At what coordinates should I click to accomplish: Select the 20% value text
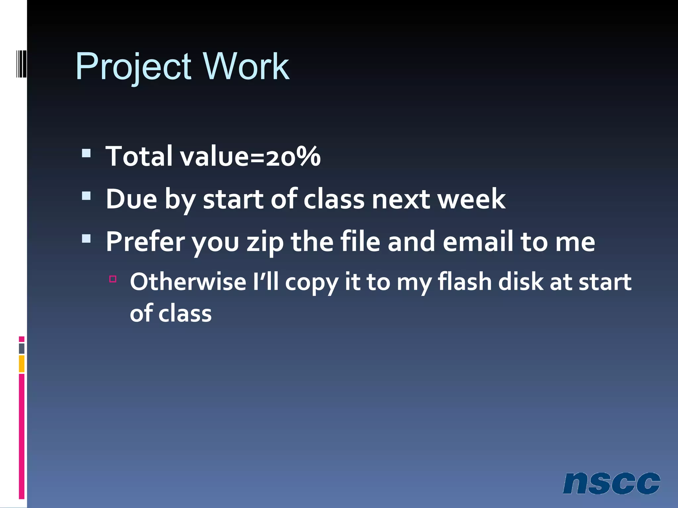293,156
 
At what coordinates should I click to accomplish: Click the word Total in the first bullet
139,156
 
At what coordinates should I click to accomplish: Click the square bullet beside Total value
86,153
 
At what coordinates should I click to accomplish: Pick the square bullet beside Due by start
86,196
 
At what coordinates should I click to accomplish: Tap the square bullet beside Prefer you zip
86,238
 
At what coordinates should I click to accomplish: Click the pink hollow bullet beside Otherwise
113,279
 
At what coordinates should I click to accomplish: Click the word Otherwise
188,282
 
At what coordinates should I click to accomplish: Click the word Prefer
145,242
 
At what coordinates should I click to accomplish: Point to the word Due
131,199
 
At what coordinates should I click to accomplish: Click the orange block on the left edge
22,363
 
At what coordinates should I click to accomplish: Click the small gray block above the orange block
22,348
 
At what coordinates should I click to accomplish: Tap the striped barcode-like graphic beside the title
21,63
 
